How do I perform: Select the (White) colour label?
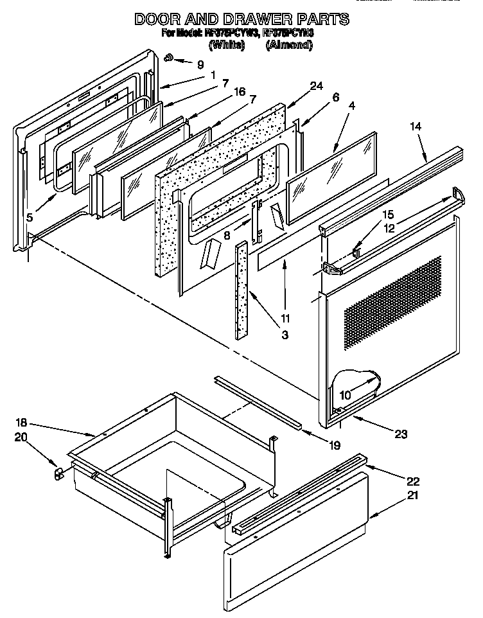pyautogui.click(x=227, y=45)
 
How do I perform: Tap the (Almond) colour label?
pyautogui.click(x=289, y=45)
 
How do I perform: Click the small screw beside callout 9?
pyautogui.click(x=169, y=58)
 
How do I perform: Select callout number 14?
pyautogui.click(x=416, y=127)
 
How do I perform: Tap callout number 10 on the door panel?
pyautogui.click(x=345, y=395)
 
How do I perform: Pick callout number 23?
pyautogui.click(x=401, y=434)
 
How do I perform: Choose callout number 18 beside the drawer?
pyautogui.click(x=21, y=422)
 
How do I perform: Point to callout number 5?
pyautogui.click(x=30, y=217)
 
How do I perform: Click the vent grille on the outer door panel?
pyautogui.click(x=392, y=302)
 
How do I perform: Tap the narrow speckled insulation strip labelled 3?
pyautogui.click(x=242, y=289)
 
